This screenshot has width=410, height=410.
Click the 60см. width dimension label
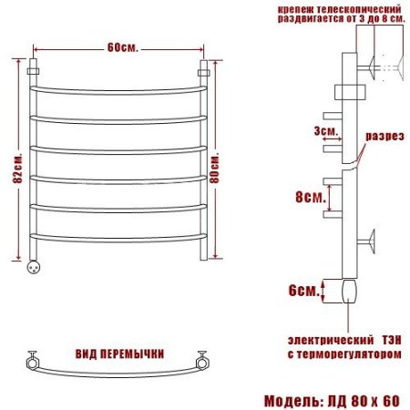(123, 47)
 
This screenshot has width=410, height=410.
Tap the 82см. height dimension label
(17, 169)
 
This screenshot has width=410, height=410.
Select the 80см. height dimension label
(214, 169)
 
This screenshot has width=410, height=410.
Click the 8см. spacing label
(311, 197)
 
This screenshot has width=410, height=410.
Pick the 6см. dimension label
(303, 291)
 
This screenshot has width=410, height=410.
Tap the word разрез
(384, 136)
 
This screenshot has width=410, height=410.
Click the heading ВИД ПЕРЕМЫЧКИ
(119, 354)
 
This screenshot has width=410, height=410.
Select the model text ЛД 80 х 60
(364, 401)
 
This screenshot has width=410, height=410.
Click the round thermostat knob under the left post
(33, 267)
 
